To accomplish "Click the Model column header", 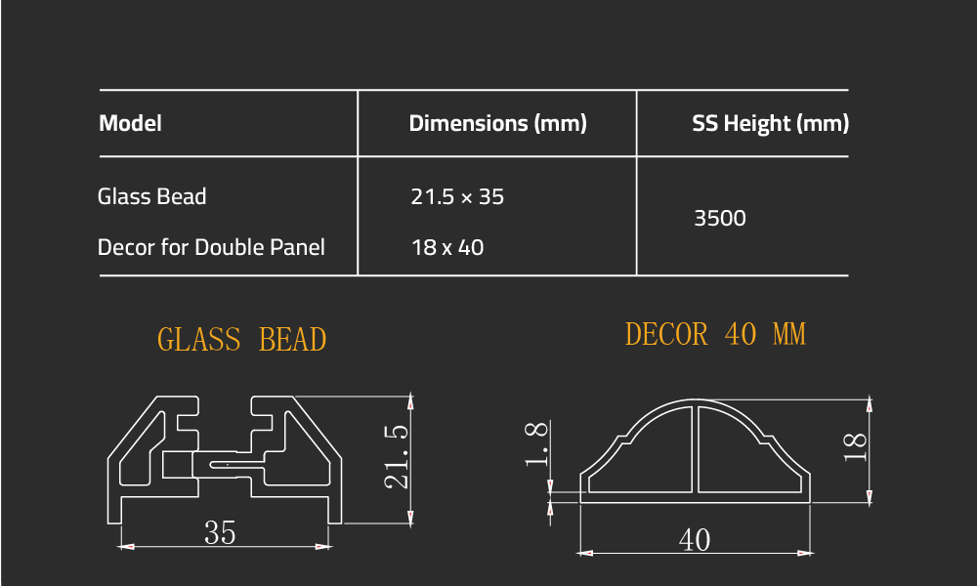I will coord(130,124).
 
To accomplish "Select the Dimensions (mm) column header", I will coord(497,124).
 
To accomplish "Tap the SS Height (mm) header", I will coord(770,124).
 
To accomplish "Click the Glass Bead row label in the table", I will coord(152,196).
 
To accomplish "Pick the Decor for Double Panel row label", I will coord(211,247).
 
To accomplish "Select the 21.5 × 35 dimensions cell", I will coord(457,196).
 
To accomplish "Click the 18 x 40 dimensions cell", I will coord(447,247).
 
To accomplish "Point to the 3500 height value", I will coord(720,218).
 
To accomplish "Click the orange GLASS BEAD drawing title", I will coord(241,340).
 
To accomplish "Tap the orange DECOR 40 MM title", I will coord(715,335).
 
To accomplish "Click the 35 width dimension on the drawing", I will coord(220,533).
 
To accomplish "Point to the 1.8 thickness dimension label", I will coord(536,444).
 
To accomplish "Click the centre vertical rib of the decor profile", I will coord(695,449).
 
